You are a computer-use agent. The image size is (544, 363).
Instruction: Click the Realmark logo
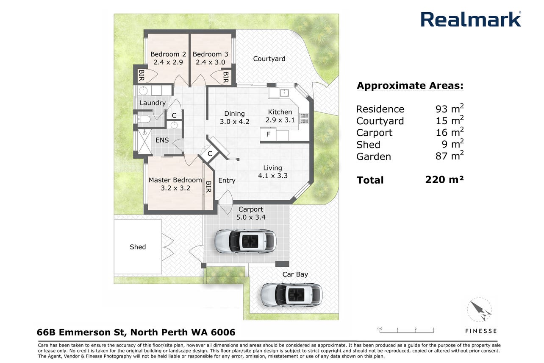(x=471, y=19)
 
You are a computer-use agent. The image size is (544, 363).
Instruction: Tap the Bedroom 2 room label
(x=168, y=54)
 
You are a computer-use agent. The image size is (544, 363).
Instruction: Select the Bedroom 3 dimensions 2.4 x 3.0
(x=210, y=62)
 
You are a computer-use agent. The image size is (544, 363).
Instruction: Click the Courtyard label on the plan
(x=269, y=59)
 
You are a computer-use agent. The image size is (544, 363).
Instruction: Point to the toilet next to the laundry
(x=144, y=119)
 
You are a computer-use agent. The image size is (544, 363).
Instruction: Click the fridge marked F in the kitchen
(x=268, y=134)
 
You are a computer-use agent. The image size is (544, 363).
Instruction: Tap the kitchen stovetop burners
(x=304, y=118)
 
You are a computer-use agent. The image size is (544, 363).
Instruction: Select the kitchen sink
(x=284, y=92)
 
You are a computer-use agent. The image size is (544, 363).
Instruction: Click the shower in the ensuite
(x=145, y=142)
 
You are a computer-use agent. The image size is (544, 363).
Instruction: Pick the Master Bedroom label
(x=175, y=180)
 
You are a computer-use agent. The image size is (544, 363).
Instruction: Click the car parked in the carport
(x=245, y=241)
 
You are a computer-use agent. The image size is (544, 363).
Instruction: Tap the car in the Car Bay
(x=291, y=295)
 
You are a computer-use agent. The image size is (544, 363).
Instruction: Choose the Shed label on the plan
(x=138, y=247)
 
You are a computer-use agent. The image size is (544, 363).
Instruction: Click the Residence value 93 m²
(x=449, y=109)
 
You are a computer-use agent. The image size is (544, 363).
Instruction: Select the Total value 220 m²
(x=444, y=179)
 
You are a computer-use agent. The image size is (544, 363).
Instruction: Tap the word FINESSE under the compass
(x=481, y=331)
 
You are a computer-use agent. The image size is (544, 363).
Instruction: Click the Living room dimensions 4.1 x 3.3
(x=273, y=176)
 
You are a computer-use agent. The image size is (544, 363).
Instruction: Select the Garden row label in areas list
(x=374, y=156)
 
